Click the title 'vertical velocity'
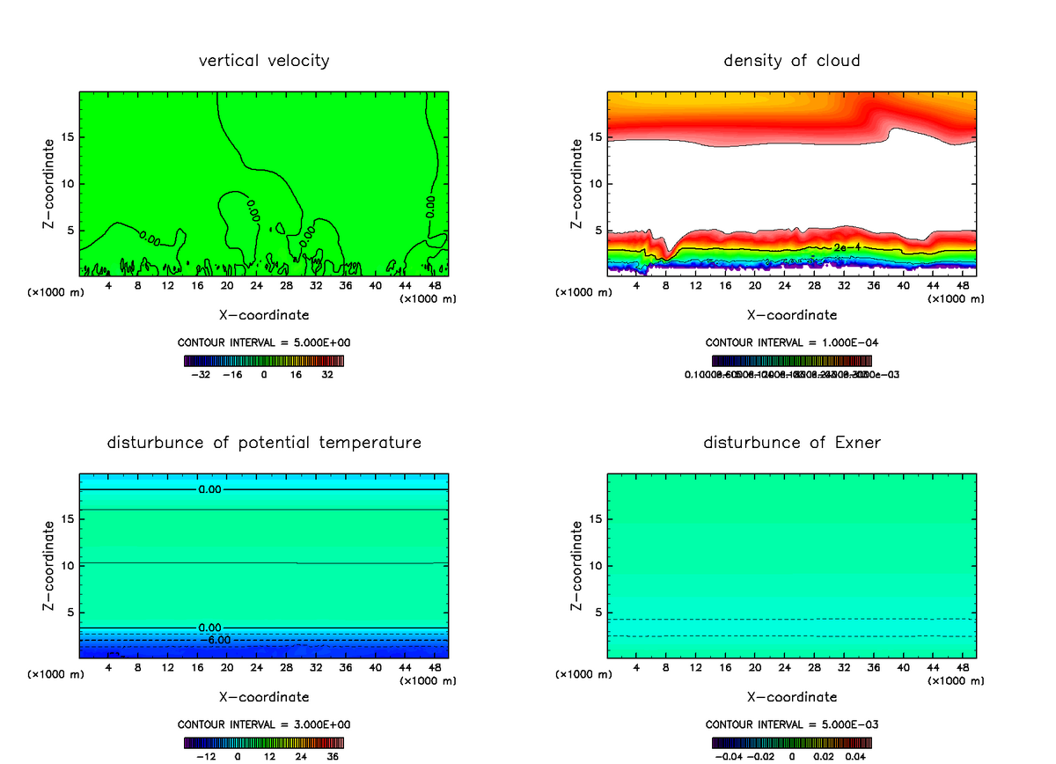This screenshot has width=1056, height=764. point(264,61)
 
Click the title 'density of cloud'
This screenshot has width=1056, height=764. point(791,61)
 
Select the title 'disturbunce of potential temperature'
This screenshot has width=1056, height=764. point(264,442)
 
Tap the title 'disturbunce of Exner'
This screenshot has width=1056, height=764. point(791,442)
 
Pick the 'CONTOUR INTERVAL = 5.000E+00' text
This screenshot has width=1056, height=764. point(264,342)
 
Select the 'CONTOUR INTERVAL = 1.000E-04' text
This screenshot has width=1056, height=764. point(792,342)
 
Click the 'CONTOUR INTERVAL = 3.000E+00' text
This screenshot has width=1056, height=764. point(264,724)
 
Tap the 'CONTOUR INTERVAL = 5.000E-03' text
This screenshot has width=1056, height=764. point(792,724)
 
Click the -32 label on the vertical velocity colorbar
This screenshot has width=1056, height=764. point(202,374)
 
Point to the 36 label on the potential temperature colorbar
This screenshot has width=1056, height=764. point(333,755)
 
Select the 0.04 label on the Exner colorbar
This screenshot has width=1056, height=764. point(855,755)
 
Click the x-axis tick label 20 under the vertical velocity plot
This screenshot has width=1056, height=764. point(227,286)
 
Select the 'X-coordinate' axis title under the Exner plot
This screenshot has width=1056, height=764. point(792,697)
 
